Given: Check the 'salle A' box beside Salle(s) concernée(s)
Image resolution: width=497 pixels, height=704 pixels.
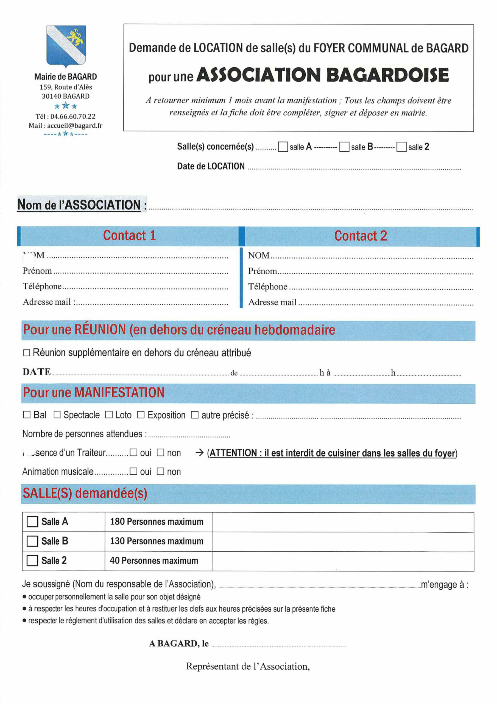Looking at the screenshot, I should pos(283,147).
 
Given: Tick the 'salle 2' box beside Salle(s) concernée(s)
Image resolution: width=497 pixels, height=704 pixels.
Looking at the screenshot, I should pos(401,147).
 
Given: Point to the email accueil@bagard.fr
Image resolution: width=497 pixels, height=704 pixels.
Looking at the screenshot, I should pos(75,125).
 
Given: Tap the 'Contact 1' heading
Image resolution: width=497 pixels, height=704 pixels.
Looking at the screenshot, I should pos(129,235).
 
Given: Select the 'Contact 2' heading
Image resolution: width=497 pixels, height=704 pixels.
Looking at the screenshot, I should pos(361,236).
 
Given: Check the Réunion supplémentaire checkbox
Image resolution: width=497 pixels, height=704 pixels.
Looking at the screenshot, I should pos(27,353).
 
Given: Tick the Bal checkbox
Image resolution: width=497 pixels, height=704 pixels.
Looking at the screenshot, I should pos(27,415).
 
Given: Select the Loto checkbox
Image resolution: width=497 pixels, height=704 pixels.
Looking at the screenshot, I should pos(109,415).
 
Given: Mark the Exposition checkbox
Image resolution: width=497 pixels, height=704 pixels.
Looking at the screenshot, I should pos(141,415).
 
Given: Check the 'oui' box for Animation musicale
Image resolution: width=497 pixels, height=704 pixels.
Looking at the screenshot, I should pos(133,472).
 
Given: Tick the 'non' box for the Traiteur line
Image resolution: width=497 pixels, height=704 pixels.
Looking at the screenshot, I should pos(160,453).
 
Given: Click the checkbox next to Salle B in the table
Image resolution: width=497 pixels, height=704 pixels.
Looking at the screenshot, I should pos(32,541).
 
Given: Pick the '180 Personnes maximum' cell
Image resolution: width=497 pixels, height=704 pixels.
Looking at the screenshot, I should pos(157,522).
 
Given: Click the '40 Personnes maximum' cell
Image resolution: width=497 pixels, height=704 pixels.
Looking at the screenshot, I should pos(154,560).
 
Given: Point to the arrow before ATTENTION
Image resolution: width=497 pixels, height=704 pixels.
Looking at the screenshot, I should pos(199,453).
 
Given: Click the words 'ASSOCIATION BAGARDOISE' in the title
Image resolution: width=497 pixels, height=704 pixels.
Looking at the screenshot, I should pos(322,75).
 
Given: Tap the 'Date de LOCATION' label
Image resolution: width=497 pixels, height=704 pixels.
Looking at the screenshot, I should pos(211,166).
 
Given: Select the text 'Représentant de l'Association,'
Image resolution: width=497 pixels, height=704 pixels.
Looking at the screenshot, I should pos(248,667).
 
